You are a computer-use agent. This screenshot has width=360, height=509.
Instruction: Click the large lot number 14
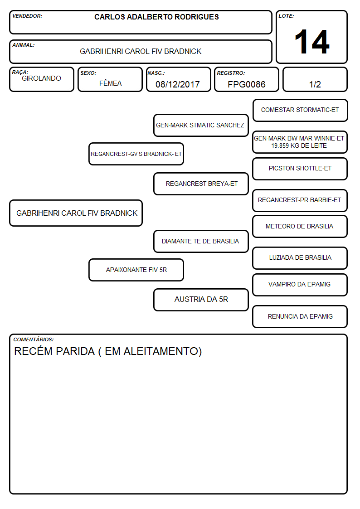point(312,42)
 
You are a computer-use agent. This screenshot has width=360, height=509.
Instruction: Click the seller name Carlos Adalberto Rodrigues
point(156,17)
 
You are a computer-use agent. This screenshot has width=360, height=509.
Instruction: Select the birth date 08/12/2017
point(178,84)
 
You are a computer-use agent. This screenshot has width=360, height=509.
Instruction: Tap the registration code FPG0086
point(246,84)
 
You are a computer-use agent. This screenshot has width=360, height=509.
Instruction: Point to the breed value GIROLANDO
point(41,78)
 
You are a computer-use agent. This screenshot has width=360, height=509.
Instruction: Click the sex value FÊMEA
point(110,83)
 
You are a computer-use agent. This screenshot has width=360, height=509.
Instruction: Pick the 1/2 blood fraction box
point(315,79)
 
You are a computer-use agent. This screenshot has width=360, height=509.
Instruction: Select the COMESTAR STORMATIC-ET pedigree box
point(300,111)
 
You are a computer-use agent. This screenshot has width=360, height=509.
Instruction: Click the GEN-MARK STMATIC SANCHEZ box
point(201,125)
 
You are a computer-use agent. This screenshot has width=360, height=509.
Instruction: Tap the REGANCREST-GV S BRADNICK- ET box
point(136,154)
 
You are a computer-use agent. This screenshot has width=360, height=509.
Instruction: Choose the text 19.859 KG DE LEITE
point(299,146)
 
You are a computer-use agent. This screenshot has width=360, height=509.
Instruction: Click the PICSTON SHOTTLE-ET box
point(300,169)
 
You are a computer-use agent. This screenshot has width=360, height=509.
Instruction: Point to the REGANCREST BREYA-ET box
point(201,184)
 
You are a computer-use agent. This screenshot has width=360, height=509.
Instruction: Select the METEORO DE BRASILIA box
point(300,227)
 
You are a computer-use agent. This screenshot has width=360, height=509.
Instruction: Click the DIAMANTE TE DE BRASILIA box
point(201,242)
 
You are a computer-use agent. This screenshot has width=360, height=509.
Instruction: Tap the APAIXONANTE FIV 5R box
point(136,270)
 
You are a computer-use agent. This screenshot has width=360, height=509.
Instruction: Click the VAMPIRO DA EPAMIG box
point(300,285)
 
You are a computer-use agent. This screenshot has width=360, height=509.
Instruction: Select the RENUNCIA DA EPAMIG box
point(300,316)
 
